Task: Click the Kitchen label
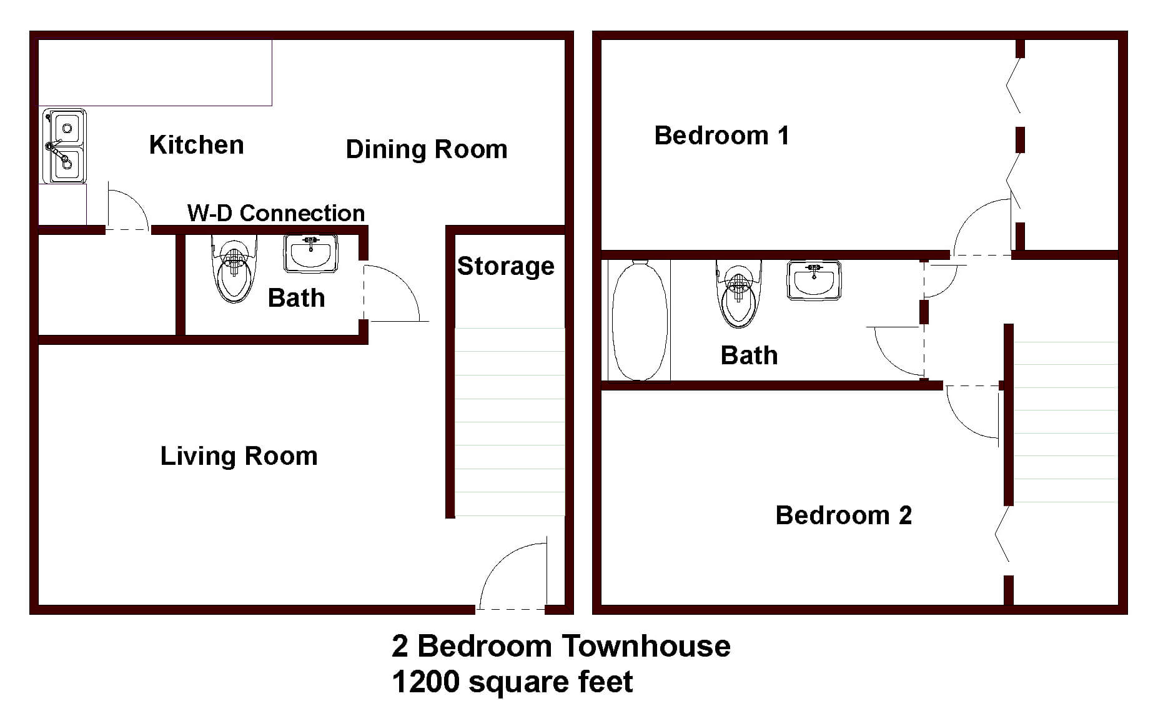(x=196, y=145)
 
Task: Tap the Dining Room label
(x=426, y=149)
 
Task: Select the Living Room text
(x=239, y=456)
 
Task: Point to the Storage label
(x=505, y=266)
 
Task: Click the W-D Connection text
(x=275, y=213)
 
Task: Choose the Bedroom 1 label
(x=721, y=136)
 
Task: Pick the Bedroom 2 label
(x=843, y=515)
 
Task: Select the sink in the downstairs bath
(x=310, y=253)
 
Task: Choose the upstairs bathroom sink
(x=813, y=280)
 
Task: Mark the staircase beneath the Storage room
(x=509, y=422)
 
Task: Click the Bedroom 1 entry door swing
(x=981, y=228)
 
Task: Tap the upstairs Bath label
(x=749, y=355)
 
